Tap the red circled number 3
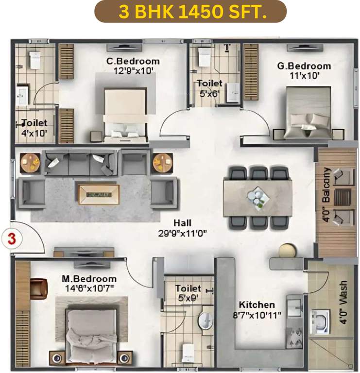point(11,239)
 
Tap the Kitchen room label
point(257,305)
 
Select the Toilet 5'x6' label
point(209,87)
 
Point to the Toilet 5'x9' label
point(188,292)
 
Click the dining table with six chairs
point(258,197)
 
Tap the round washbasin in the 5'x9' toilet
point(206,321)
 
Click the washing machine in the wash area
point(321,322)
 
